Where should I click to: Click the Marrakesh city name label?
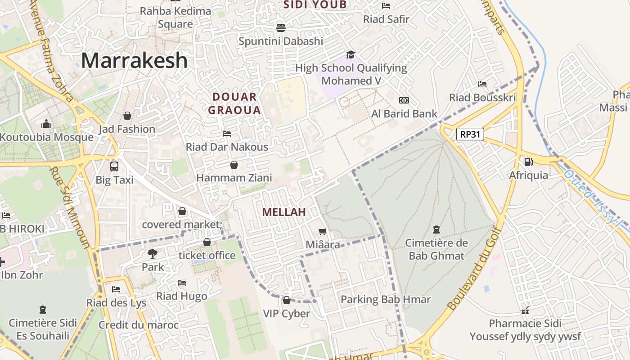pyautogui.click(x=134, y=60)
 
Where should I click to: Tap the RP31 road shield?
pyautogui.click(x=470, y=134)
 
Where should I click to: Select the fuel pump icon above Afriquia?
pyautogui.click(x=528, y=162)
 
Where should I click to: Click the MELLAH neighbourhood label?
pyautogui.click(x=284, y=212)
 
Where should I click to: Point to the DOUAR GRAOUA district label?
pyautogui.click(x=234, y=103)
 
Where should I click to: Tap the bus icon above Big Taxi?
pyautogui.click(x=114, y=166)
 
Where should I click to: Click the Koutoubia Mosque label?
pyautogui.click(x=46, y=137)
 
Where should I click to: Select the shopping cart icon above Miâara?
pyautogui.click(x=322, y=231)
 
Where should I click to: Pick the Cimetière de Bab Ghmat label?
pyautogui.click(x=436, y=249)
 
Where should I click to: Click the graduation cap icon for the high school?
pyautogui.click(x=351, y=55)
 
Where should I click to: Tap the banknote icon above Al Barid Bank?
pyautogui.click(x=404, y=100)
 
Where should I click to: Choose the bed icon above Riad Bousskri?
pyautogui.click(x=482, y=84)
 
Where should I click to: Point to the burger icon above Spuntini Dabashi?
pyautogui.click(x=281, y=27)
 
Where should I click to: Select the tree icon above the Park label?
pyautogui.click(x=153, y=253)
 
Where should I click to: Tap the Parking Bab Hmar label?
pyautogui.click(x=386, y=299)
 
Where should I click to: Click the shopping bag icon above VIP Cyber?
pyautogui.click(x=287, y=300)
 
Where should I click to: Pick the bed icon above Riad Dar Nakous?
pyautogui.click(x=227, y=134)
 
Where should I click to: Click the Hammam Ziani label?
pyautogui.click(x=234, y=178)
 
